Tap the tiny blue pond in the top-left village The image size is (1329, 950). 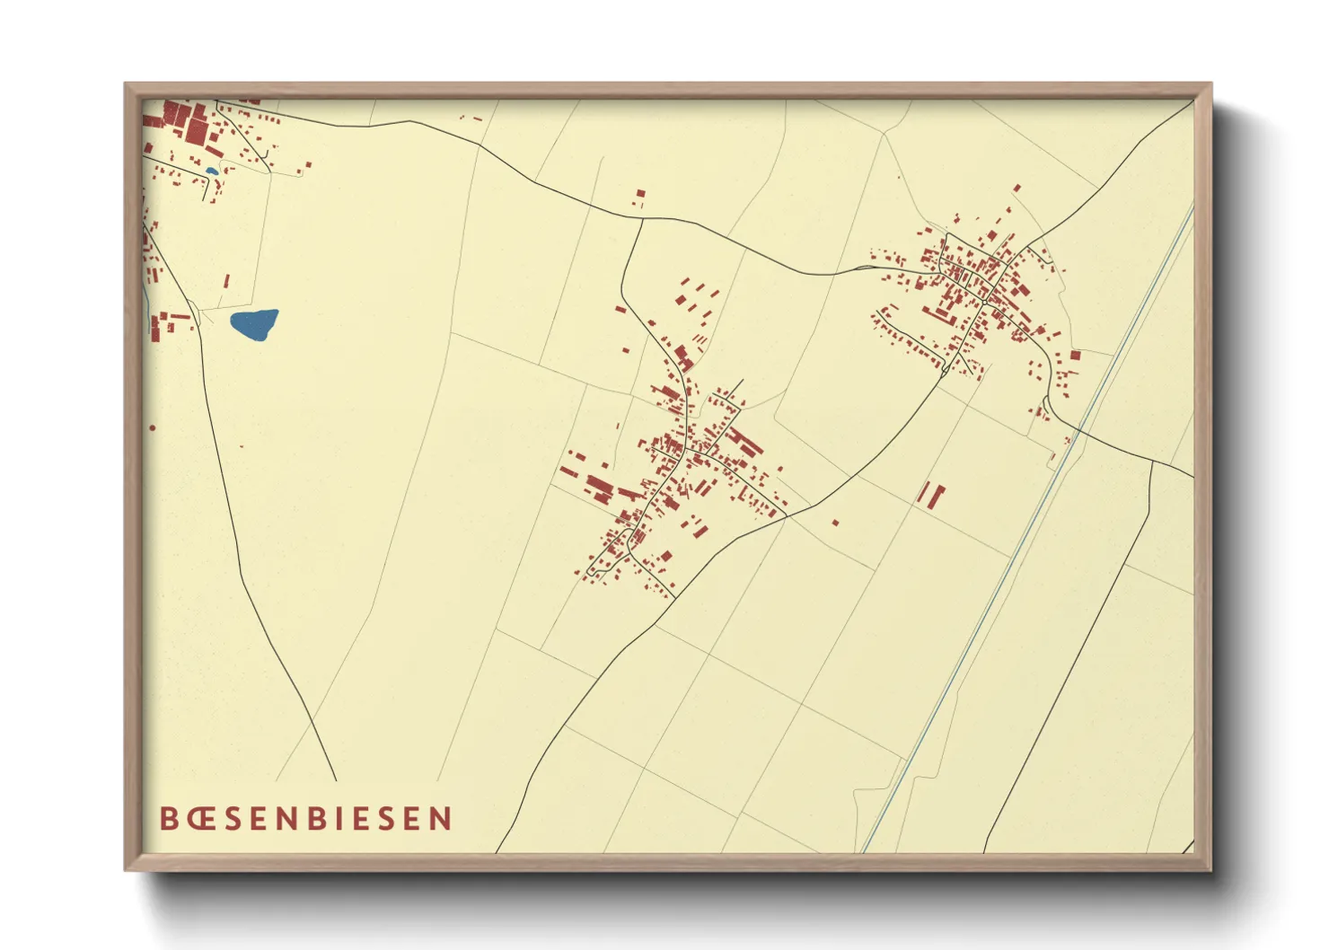(x=211, y=171)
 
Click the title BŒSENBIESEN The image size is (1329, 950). (x=305, y=818)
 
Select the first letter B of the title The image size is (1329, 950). (x=169, y=818)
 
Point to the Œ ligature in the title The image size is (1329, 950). (x=200, y=818)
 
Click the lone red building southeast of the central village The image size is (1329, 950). (x=835, y=522)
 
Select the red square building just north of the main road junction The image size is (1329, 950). (x=640, y=193)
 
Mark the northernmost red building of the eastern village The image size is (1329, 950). (x=1017, y=189)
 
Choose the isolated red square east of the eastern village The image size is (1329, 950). (x=1075, y=356)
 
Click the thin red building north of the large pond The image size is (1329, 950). (x=226, y=281)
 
